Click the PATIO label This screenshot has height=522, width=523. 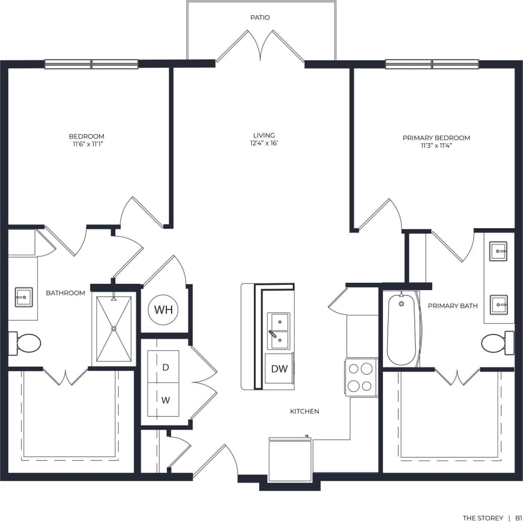point(260,18)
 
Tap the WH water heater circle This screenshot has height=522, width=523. point(163,310)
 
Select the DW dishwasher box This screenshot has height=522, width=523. point(279,369)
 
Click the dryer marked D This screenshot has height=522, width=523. point(165,367)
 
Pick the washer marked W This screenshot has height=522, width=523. point(165,400)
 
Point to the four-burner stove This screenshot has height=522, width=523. point(361,377)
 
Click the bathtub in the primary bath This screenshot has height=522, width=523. point(402,328)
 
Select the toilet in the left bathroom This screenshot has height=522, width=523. point(26,344)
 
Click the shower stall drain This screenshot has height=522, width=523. point(114,329)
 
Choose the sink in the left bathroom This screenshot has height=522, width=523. point(24,297)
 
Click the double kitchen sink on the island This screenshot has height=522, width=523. point(278,331)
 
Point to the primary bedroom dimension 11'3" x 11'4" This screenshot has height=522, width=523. point(436,146)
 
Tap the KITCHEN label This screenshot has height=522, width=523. point(304,411)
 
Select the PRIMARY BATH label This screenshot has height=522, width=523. point(452,306)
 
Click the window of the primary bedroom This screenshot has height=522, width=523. point(432,64)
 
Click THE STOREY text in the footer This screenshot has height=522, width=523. point(482,518)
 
